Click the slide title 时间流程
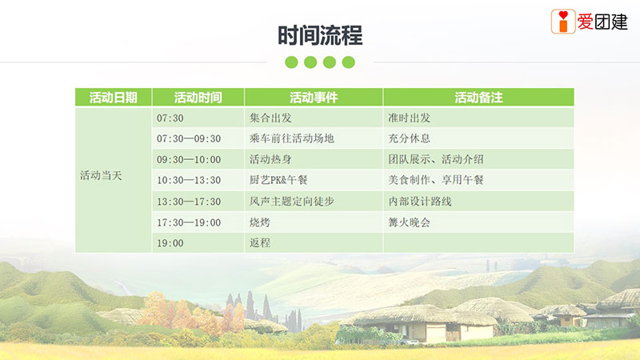click(320, 35)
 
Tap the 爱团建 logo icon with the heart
click(563, 22)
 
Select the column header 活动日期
click(114, 98)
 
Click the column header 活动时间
click(198, 98)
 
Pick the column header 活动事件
click(314, 98)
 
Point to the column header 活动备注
click(478, 98)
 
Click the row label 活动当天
click(101, 175)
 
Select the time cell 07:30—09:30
click(189, 138)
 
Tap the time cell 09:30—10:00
click(189, 159)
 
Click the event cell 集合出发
click(270, 118)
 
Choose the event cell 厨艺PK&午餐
click(278, 180)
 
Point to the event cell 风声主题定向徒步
click(291, 202)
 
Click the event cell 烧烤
click(259, 222)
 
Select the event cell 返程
click(259, 243)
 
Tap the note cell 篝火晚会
click(409, 222)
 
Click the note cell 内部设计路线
click(419, 202)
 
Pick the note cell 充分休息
click(409, 138)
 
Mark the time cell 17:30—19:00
click(189, 223)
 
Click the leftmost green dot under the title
click(291, 62)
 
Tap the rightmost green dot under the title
click(348, 62)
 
